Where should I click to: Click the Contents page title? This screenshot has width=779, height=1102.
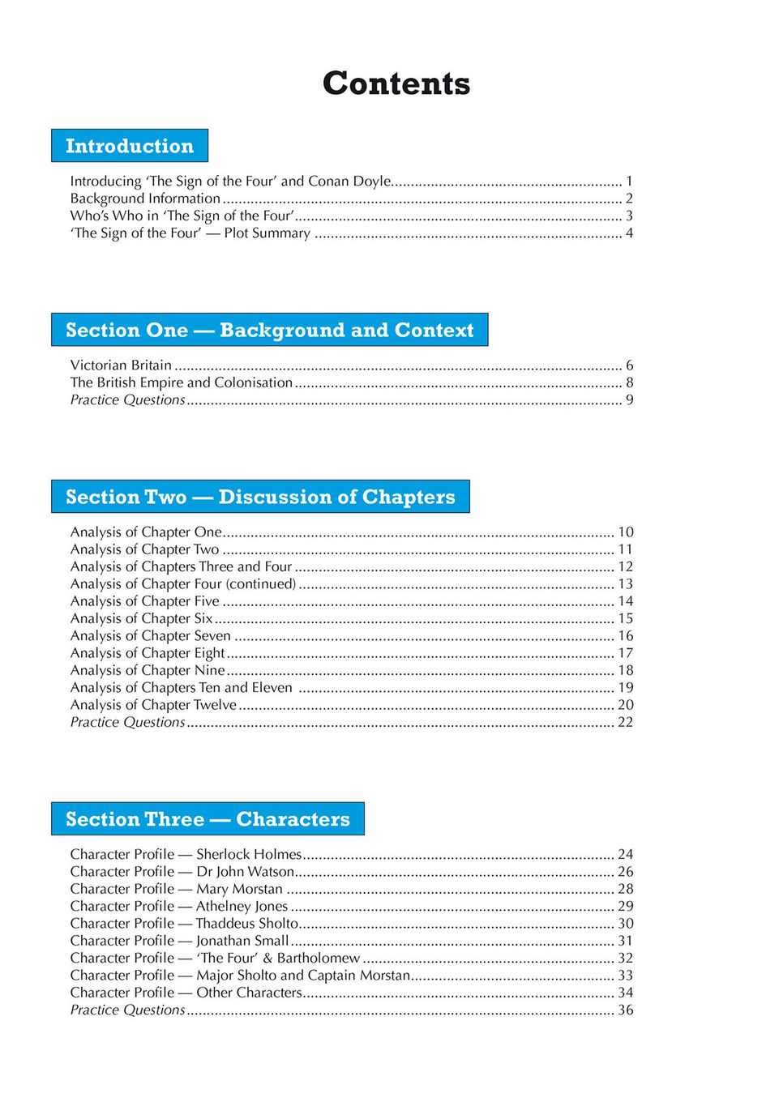pyautogui.click(x=396, y=83)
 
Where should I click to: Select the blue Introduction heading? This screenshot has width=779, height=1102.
pyautogui.click(x=130, y=146)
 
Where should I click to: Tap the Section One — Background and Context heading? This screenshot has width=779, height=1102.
pyautogui.click(x=269, y=330)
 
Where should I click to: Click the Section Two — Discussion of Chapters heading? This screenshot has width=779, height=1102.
pyautogui.click(x=260, y=497)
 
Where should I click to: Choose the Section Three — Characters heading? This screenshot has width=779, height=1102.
pyautogui.click(x=208, y=819)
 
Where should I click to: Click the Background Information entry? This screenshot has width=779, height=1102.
pyautogui.click(x=145, y=199)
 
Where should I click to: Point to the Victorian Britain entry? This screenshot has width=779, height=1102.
pyautogui.click(x=121, y=365)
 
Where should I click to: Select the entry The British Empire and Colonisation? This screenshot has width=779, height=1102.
pyautogui.click(x=181, y=382)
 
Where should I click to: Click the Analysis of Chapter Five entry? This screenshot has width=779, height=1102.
pyautogui.click(x=144, y=601)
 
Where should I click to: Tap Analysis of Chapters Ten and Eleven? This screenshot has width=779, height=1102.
pyautogui.click(x=181, y=687)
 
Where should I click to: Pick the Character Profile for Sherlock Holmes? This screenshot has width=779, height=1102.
pyautogui.click(x=186, y=854)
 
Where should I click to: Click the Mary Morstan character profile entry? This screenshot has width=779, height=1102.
pyautogui.click(x=176, y=889)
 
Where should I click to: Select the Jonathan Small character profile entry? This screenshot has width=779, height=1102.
pyautogui.click(x=179, y=941)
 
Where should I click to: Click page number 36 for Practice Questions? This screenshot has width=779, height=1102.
pyautogui.click(x=626, y=1010)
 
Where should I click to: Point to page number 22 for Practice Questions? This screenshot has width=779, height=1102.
pyautogui.click(x=626, y=722)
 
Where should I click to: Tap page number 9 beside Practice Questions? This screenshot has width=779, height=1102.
pyautogui.click(x=629, y=399)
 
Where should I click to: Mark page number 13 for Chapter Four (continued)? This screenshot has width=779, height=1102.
pyautogui.click(x=626, y=583)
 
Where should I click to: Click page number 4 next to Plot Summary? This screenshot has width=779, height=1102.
pyautogui.click(x=629, y=233)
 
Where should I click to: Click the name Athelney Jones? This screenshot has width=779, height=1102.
pyautogui.click(x=242, y=906)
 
